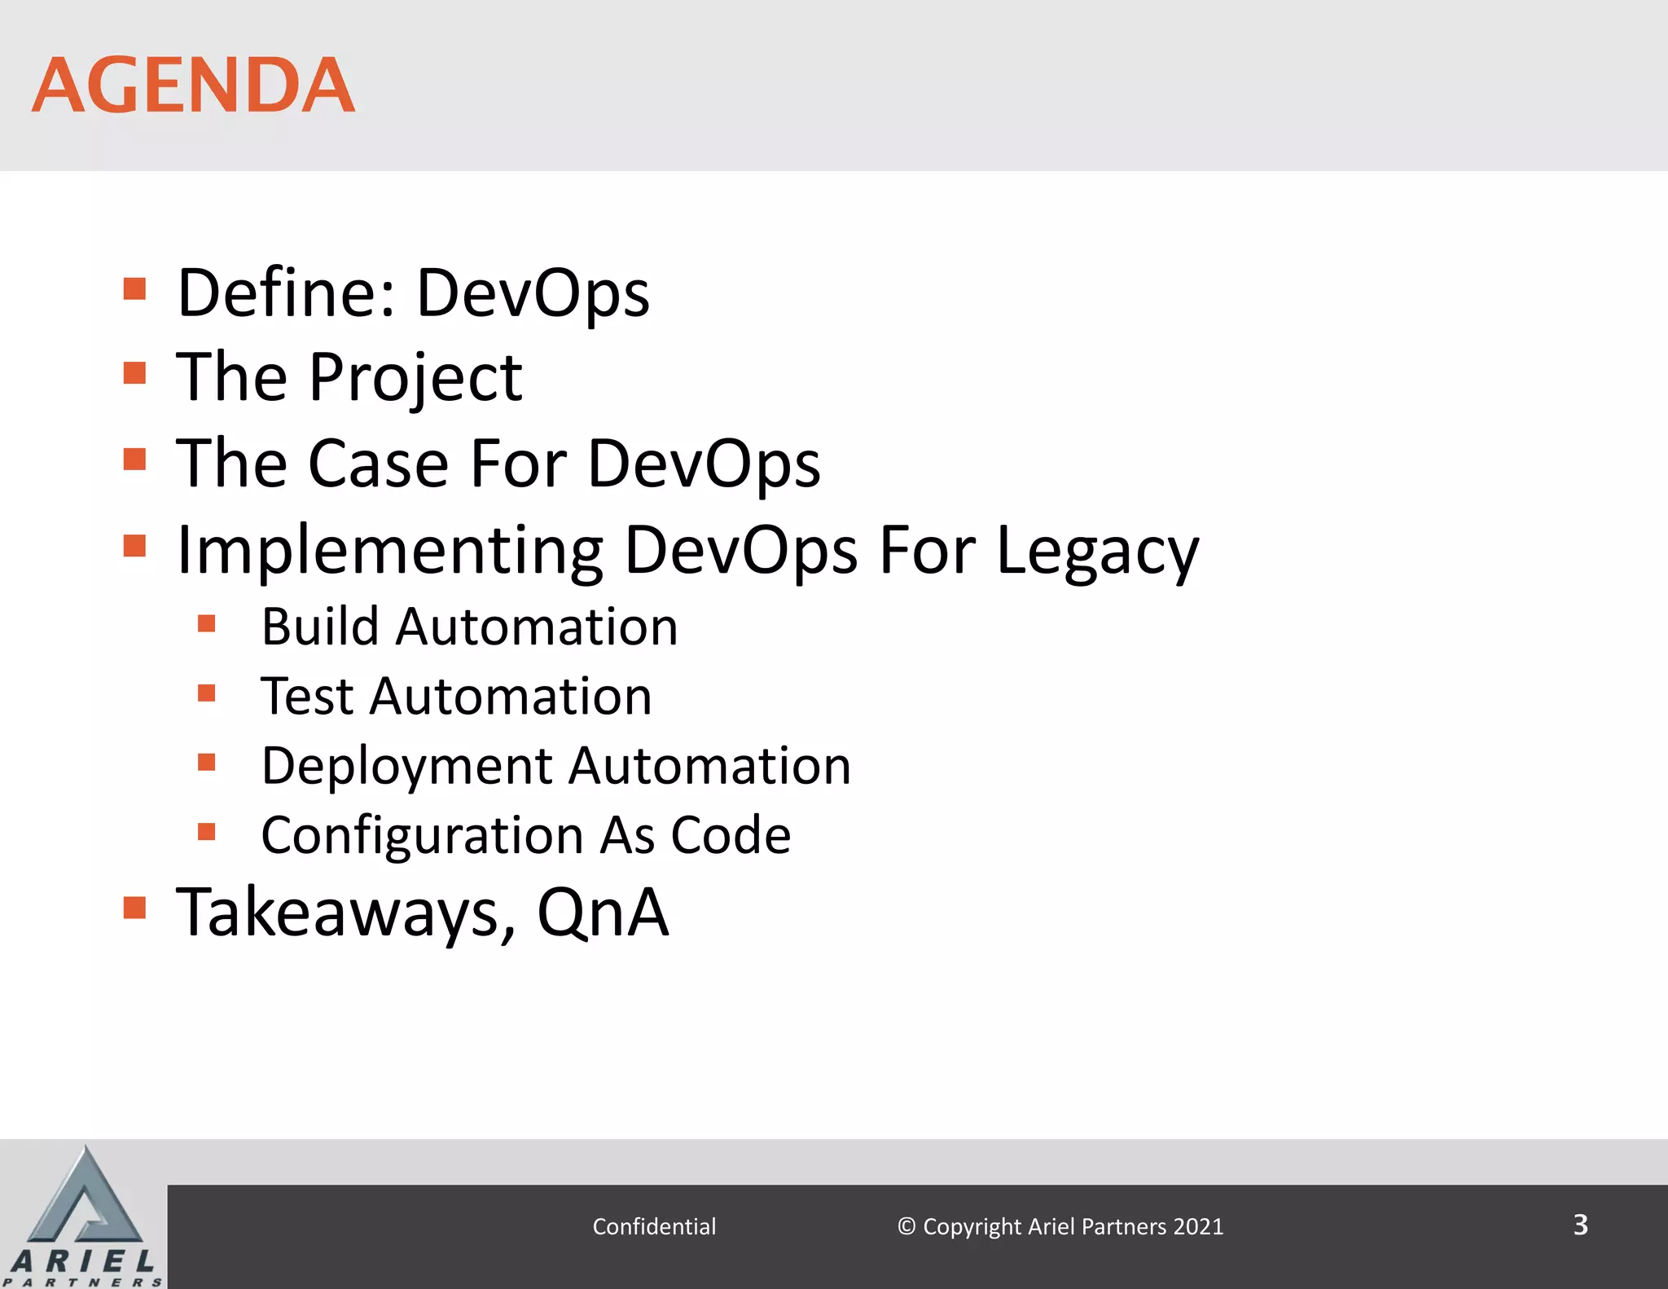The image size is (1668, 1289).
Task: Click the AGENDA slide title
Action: [193, 86]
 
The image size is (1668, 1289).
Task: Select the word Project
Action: [415, 377]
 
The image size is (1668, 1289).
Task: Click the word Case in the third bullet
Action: [378, 464]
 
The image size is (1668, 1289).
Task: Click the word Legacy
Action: [1097, 551]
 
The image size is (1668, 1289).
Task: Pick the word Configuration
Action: [422, 836]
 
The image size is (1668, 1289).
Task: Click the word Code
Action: [731, 836]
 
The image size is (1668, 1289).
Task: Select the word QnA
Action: [603, 913]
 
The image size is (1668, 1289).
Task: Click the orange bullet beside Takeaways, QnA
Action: [134, 907]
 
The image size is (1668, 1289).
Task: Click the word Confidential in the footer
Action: [654, 1226]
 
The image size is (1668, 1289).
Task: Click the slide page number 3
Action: [1580, 1225]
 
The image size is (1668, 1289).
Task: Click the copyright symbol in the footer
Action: [906, 1226]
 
